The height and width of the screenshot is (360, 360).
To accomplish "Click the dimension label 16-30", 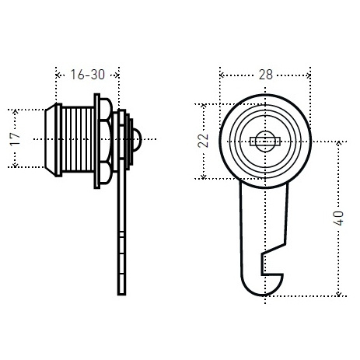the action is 88,75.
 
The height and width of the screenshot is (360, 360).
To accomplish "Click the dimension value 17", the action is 15,139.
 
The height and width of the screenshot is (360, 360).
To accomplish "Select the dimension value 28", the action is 266,75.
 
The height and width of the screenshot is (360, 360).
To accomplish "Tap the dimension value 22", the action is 203,141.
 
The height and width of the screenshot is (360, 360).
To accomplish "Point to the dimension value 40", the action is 338,218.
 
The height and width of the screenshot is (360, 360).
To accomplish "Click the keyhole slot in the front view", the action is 265,142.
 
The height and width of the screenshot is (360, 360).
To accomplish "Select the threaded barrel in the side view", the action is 78,140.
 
